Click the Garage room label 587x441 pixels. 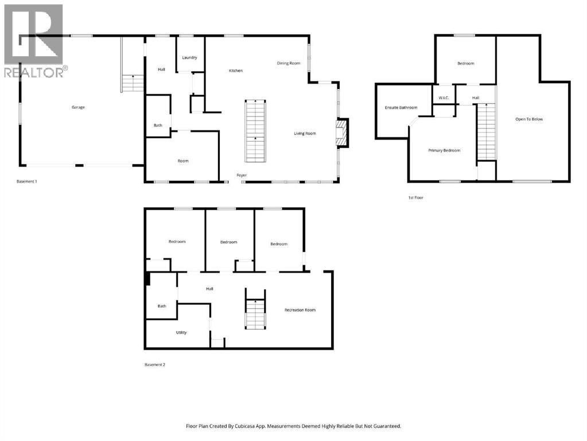pos(78,107)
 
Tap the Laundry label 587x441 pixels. pos(189,58)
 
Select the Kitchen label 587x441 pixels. pos(235,71)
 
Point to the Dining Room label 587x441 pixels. pos(288,63)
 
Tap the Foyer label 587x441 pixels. pos(242,175)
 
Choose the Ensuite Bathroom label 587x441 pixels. pos(401,107)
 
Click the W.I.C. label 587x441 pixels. pos(443,98)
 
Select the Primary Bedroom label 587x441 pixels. pos(444,150)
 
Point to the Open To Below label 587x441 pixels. pos(528,119)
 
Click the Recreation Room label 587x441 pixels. pos(300,310)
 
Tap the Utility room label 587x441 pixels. pos(181,332)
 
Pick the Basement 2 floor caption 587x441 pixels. pos(155,364)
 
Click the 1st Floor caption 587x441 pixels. pos(415,198)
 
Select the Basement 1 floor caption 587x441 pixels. pos(27,181)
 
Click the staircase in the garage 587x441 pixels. pos(133,84)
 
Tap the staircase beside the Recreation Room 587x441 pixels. pos(255,314)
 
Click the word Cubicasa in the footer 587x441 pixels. pos(246,426)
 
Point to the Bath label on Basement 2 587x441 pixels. pos(162,306)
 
